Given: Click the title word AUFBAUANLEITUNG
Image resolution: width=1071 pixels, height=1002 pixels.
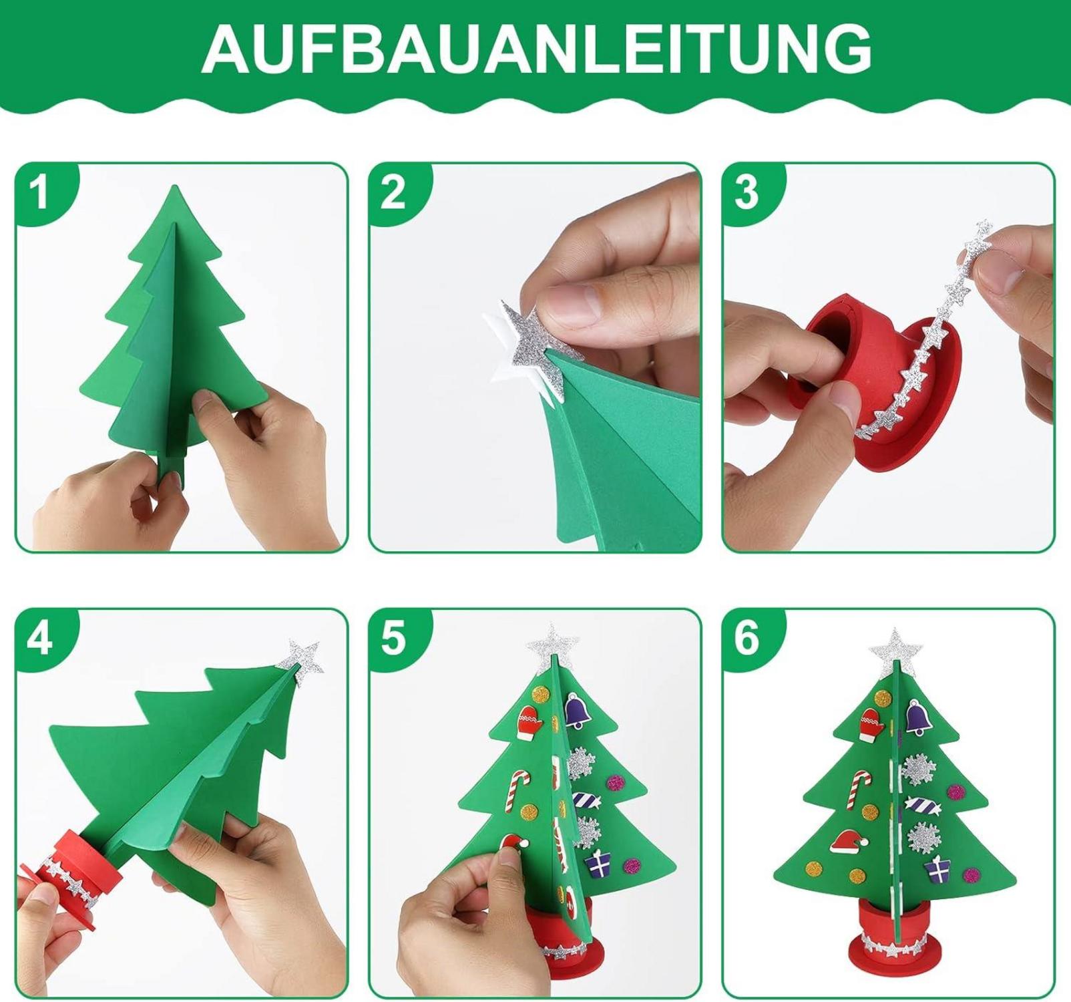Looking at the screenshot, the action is (536, 49).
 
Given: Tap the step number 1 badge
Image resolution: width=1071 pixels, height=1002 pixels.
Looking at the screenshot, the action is (42, 192).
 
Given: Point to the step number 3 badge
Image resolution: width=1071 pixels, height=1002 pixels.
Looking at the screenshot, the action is (747, 192).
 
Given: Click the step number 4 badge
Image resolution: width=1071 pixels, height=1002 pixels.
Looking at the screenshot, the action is (41, 638).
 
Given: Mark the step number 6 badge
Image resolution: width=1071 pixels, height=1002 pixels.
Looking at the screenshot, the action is (747, 638).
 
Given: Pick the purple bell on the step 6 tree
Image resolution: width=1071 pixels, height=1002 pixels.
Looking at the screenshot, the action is (918, 719).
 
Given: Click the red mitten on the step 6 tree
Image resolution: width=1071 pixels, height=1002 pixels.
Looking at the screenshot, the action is (871, 724).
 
